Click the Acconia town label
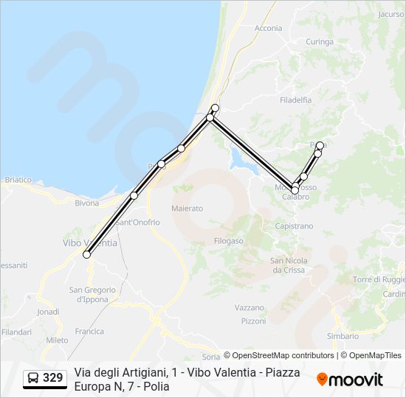(x=268, y=28)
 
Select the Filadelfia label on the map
(x=295, y=99)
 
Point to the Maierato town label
(x=187, y=209)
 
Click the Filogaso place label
(x=228, y=241)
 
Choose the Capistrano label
(x=293, y=226)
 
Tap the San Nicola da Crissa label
(x=288, y=265)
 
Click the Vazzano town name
(x=249, y=307)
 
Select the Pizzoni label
(x=253, y=321)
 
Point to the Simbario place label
(x=343, y=336)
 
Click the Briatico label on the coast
(x=18, y=179)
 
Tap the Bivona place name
(x=86, y=203)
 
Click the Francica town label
(x=89, y=331)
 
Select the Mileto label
(x=57, y=340)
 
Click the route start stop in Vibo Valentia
(x=86, y=254)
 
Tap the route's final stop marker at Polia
(x=320, y=145)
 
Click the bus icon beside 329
(x=33, y=378)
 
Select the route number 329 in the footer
(x=52, y=378)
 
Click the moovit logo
(x=350, y=379)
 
